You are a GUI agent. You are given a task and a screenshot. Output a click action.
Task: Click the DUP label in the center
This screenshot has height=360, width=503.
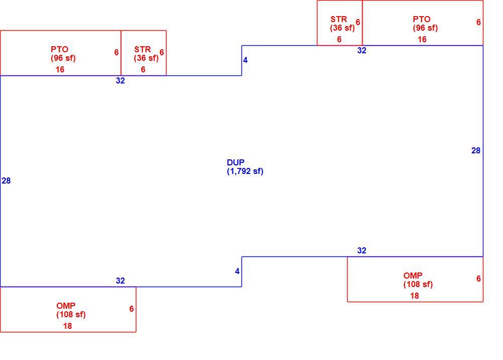point(235,162)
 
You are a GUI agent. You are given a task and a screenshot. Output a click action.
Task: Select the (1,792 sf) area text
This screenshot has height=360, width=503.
point(245,171)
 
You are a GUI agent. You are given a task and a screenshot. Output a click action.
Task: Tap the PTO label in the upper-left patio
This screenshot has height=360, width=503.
point(59,49)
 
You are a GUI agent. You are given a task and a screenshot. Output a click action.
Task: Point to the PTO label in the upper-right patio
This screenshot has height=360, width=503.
point(422,19)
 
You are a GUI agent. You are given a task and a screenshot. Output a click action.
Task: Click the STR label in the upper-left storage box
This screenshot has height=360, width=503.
point(142,49)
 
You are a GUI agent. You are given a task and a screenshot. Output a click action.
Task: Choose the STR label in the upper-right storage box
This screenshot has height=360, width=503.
point(339,19)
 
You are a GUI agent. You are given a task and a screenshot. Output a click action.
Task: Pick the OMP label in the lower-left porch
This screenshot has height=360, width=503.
point(66,306)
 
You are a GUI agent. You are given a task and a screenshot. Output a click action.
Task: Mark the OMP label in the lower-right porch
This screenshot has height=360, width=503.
point(413,276)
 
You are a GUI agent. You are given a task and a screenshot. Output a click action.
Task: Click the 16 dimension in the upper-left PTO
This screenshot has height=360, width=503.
point(60,69)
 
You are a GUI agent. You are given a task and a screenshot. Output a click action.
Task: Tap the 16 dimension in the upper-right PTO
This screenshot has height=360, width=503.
point(422,39)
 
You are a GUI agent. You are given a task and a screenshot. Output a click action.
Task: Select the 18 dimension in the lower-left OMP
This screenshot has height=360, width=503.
point(67,326)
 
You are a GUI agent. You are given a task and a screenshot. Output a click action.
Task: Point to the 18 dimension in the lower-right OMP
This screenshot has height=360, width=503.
point(414,296)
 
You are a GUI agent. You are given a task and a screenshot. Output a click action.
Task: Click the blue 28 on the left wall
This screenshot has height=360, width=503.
point(6,181)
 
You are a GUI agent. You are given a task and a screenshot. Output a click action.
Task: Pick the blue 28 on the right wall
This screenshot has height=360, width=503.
point(476,151)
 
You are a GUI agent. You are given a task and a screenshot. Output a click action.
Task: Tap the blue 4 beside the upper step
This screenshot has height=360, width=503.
point(245,60)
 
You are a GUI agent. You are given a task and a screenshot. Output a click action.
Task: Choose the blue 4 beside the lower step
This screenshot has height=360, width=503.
point(237,272)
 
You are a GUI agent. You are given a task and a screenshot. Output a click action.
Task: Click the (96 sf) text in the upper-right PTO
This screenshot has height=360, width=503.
point(426,28)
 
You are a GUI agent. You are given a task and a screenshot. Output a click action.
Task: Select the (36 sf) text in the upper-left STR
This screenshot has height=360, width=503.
point(146,58)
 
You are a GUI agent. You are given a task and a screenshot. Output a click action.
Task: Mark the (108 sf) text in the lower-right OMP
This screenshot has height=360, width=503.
point(418,285)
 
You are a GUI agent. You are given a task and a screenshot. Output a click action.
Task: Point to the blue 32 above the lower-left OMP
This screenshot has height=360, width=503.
point(120,281)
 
